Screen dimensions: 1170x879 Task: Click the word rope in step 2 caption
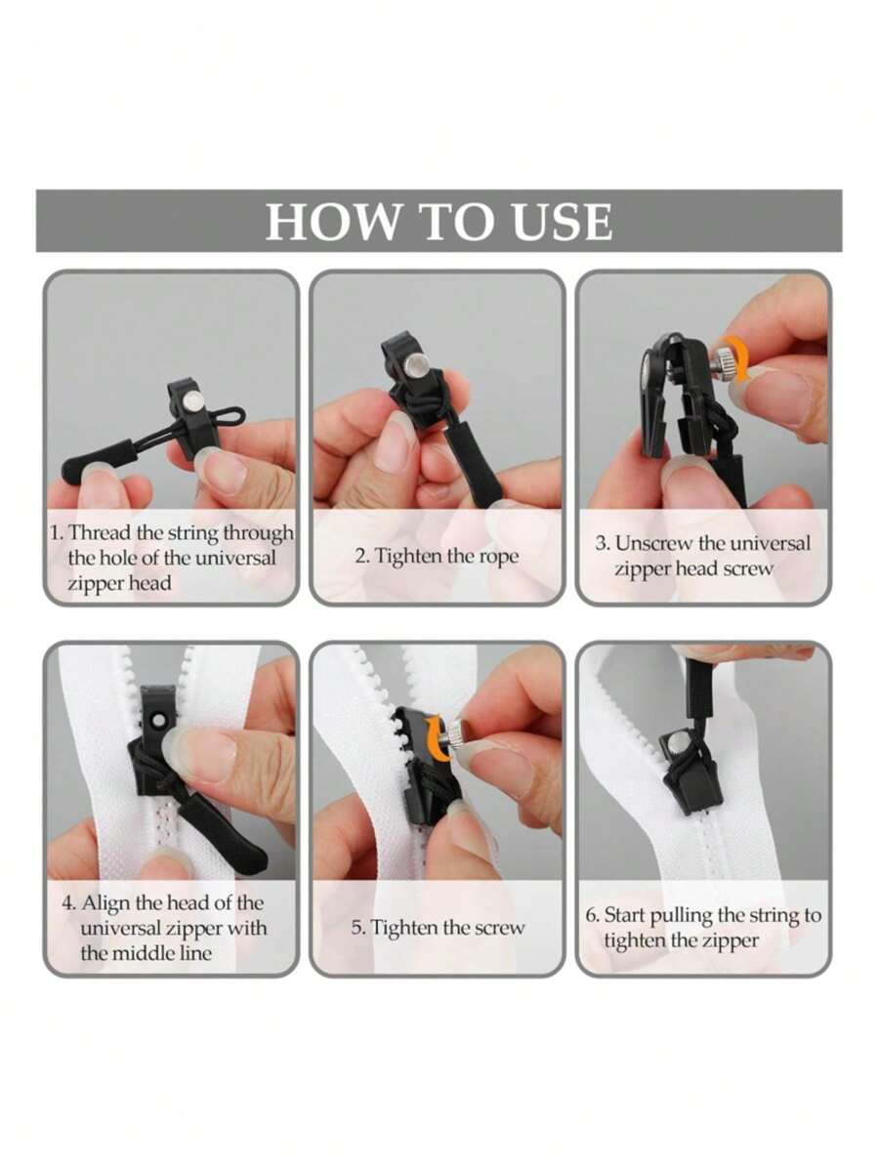[x=497, y=556]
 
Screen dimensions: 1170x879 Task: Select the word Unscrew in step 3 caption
[x=653, y=544]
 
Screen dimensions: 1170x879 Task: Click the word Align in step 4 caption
[x=105, y=902]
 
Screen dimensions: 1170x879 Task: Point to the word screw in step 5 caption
[x=498, y=927]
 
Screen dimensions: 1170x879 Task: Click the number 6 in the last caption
[x=591, y=916]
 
